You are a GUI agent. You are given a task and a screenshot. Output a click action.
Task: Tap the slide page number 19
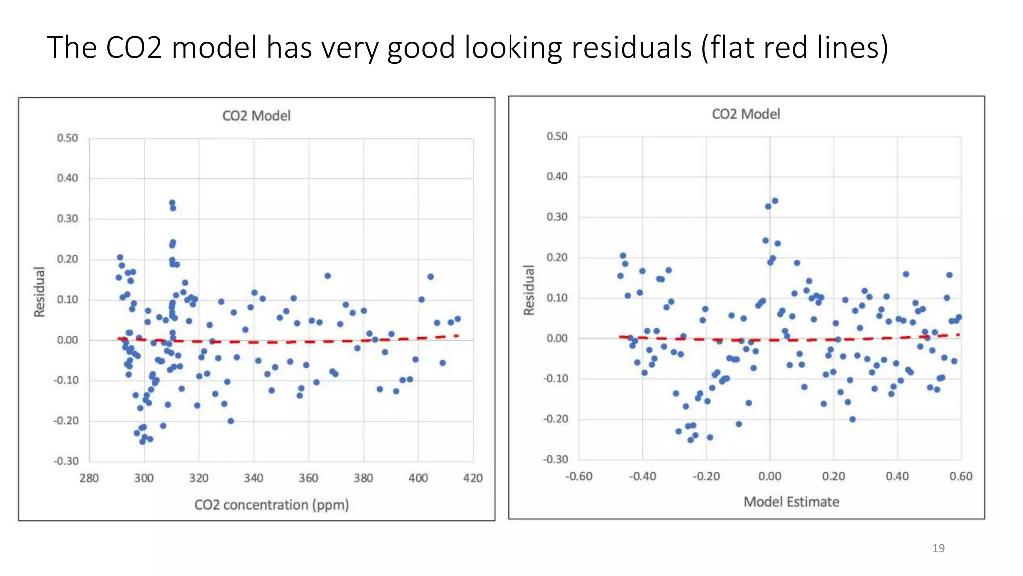click(938, 548)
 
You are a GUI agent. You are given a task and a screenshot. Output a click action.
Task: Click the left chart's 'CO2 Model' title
click(256, 116)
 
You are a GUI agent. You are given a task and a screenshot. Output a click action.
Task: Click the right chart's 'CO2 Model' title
click(746, 114)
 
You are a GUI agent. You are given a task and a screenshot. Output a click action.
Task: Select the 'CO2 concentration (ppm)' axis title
click(271, 505)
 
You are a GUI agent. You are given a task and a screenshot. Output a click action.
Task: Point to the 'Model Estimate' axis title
click(791, 502)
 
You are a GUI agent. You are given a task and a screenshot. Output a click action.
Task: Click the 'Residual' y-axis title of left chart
click(39, 292)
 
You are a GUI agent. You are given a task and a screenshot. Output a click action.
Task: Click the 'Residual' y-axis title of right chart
click(529, 290)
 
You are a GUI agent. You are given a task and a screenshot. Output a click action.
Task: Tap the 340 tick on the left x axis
click(253, 478)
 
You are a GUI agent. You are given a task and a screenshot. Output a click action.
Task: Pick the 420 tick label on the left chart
click(473, 478)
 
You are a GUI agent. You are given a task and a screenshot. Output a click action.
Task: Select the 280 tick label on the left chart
click(89, 478)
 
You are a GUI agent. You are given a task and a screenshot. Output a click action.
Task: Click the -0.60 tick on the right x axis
click(579, 476)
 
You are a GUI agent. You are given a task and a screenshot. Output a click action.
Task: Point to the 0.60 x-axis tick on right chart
click(961, 476)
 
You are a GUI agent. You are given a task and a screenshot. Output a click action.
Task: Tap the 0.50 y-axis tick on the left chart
click(67, 138)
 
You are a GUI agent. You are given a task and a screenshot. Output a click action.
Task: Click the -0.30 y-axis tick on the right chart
click(555, 459)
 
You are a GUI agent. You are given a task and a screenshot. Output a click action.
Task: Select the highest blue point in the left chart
click(172, 203)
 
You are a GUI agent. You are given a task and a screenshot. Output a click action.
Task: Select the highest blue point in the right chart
click(775, 201)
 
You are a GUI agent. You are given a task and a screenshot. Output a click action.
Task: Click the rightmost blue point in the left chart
click(458, 319)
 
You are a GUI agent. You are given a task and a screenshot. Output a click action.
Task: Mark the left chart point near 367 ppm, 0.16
click(328, 276)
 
